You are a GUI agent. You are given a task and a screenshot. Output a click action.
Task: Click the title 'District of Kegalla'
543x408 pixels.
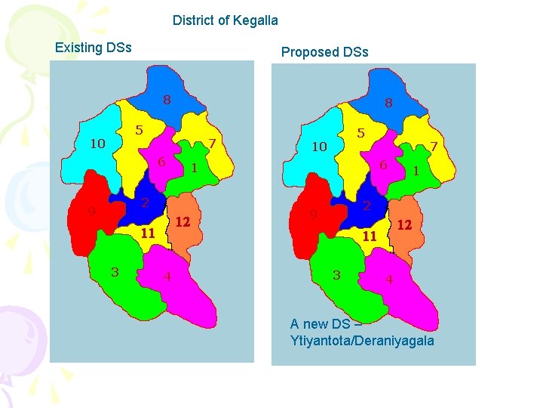click(x=225, y=20)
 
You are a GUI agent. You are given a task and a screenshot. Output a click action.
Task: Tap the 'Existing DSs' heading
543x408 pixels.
click(x=94, y=48)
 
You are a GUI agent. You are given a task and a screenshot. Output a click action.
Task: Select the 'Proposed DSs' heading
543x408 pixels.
click(x=324, y=52)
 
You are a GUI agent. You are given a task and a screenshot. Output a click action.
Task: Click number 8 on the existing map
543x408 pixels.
click(x=167, y=99)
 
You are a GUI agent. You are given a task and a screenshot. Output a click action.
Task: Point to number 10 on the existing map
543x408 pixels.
click(x=98, y=143)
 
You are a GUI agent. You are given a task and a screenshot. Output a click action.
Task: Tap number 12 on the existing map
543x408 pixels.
click(x=182, y=222)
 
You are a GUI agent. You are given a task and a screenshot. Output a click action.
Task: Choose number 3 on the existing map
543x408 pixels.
click(x=115, y=272)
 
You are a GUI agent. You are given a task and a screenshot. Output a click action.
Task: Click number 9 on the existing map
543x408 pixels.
click(x=91, y=212)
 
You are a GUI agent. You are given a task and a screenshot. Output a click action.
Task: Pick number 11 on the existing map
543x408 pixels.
click(x=148, y=233)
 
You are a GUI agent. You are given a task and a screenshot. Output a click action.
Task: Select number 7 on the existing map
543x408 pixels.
click(x=213, y=143)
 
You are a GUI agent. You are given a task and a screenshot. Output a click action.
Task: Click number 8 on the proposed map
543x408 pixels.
click(x=388, y=103)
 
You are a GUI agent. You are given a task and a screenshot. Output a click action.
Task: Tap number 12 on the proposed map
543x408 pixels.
click(x=404, y=225)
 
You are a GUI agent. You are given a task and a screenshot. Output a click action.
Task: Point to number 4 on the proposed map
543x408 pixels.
click(x=389, y=279)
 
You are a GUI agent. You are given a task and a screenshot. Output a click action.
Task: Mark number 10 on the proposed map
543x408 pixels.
click(x=319, y=147)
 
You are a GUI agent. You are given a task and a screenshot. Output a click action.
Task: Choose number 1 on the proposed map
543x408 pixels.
click(x=416, y=172)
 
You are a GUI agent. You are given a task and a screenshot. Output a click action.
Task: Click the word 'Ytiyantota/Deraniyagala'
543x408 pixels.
click(x=362, y=341)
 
